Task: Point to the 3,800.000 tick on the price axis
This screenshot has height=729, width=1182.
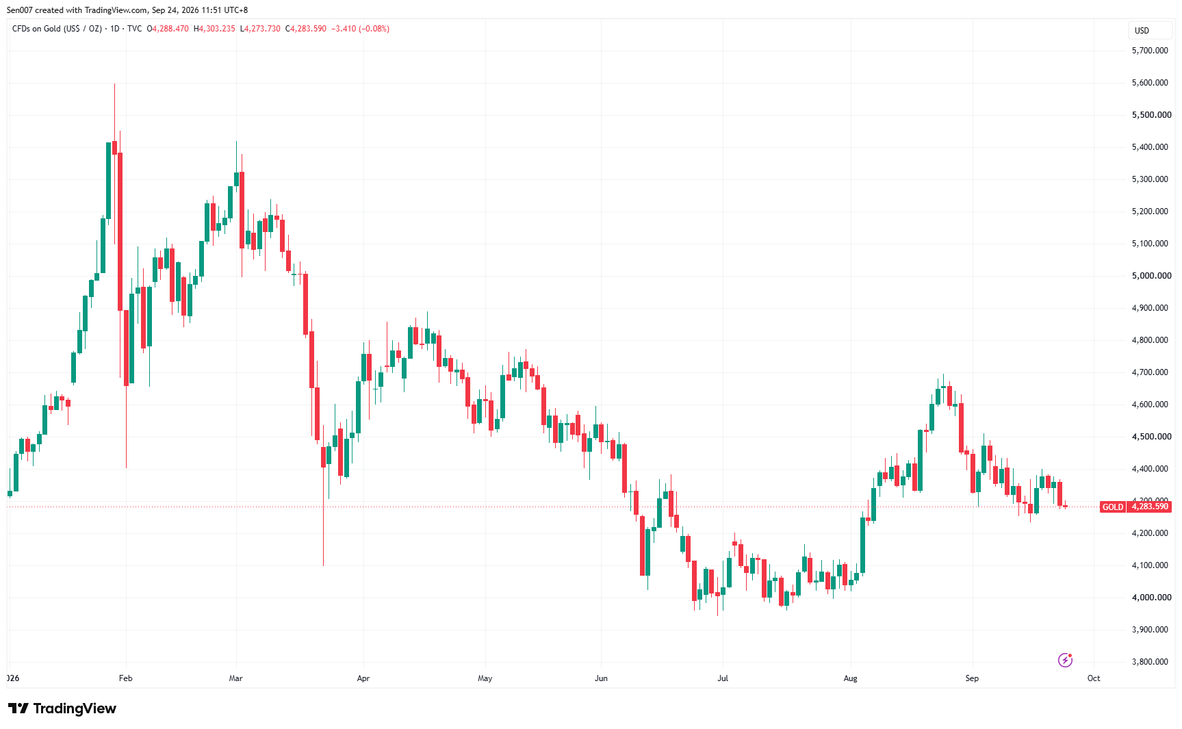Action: click(x=1150, y=662)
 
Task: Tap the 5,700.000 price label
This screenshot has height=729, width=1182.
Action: click(x=1150, y=51)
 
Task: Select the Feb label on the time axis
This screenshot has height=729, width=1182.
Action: click(x=125, y=678)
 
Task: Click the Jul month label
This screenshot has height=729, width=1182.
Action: click(x=723, y=678)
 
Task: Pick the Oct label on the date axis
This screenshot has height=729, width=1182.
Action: click(x=1094, y=678)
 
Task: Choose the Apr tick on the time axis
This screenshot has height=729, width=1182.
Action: click(x=363, y=678)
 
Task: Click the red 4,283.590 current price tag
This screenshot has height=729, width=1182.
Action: click(x=1150, y=507)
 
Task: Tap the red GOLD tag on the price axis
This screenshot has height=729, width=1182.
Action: click(x=1113, y=507)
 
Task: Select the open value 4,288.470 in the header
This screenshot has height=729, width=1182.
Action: click(x=170, y=29)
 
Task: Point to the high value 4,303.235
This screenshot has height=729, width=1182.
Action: click(x=217, y=29)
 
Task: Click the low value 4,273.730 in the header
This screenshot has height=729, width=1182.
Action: click(x=262, y=29)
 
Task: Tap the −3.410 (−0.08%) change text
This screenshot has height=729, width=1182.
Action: click(x=360, y=29)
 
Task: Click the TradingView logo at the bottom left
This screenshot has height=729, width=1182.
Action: click(x=62, y=708)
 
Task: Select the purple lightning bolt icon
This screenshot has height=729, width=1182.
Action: click(x=1065, y=660)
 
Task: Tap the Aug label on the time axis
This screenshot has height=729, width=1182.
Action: click(x=850, y=678)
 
